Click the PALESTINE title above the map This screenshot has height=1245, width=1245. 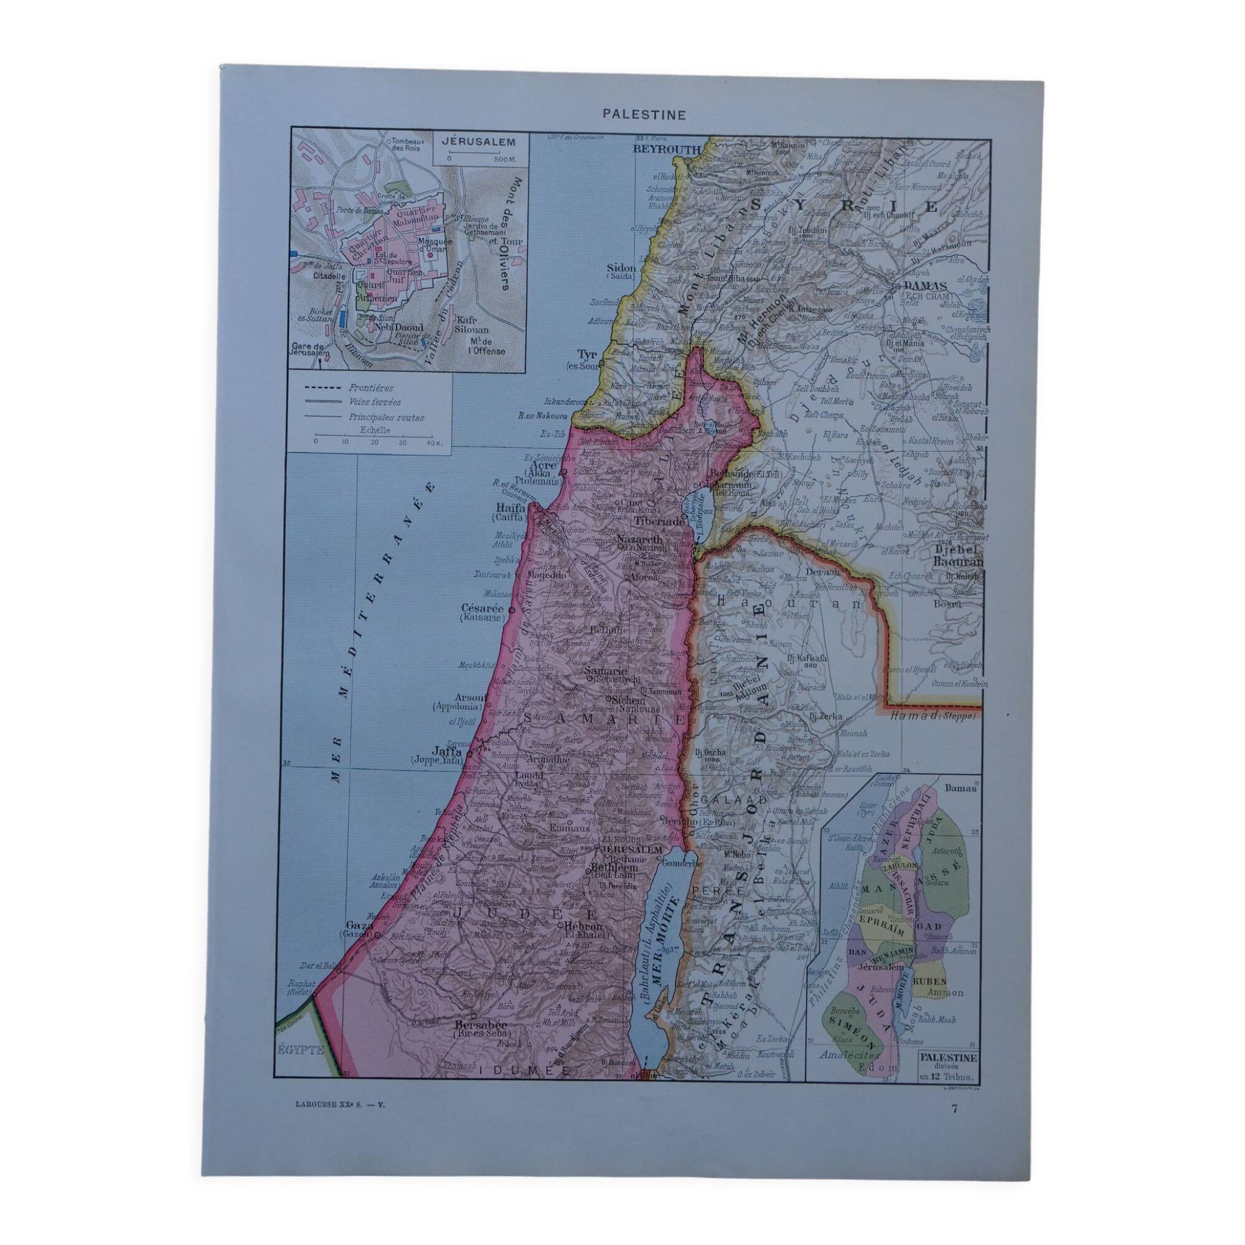pyautogui.click(x=635, y=114)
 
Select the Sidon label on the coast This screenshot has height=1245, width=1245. pyautogui.click(x=622, y=269)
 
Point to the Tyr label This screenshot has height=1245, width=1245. pyautogui.click(x=587, y=355)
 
